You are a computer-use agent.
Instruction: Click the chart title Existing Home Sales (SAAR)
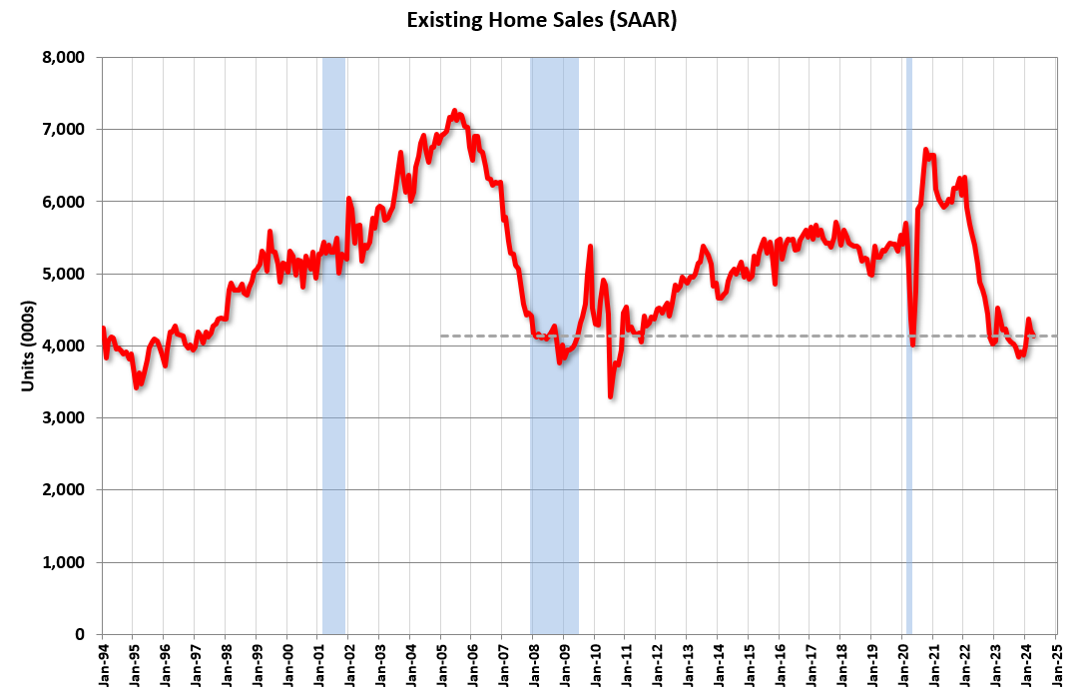[x=542, y=21]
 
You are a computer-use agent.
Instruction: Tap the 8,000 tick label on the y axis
[x=69, y=58]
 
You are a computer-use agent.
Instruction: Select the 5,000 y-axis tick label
[x=69, y=274]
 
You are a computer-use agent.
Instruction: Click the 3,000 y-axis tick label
[x=69, y=418]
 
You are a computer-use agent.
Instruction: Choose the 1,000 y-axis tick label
[x=69, y=562]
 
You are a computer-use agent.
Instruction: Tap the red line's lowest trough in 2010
[x=610, y=396]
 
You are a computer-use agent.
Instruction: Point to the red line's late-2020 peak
[x=925, y=151]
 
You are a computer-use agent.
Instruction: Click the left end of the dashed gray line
[x=442, y=336]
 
